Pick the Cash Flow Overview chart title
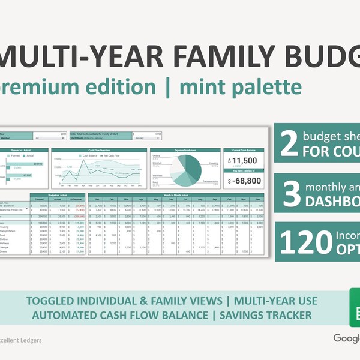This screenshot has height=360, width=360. (x=99, y=151)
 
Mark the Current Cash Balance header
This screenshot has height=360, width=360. (x=243, y=151)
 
